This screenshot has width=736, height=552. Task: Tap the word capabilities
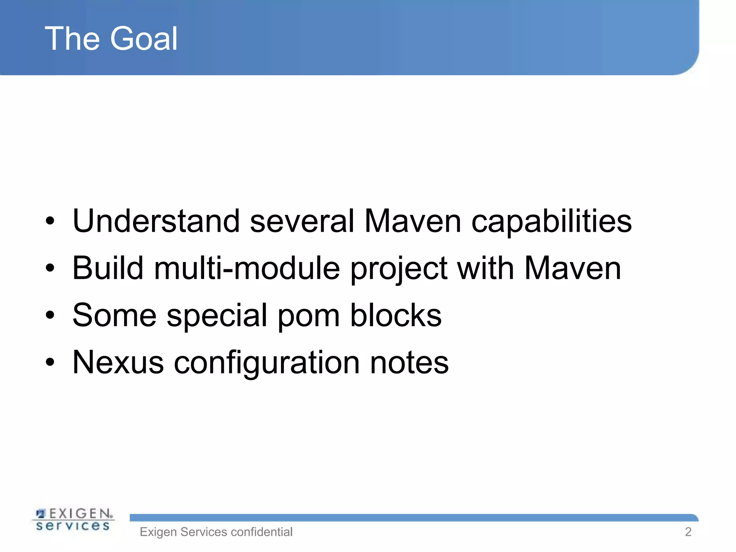pyautogui.click(x=551, y=222)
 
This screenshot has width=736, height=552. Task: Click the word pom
pyautogui.click(x=309, y=316)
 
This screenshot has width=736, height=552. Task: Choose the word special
pyautogui.click(x=217, y=316)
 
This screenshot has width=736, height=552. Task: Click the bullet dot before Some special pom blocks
pyautogui.click(x=50, y=316)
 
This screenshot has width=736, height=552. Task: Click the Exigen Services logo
pyautogui.click(x=73, y=519)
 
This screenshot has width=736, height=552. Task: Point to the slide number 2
pyautogui.click(x=688, y=532)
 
